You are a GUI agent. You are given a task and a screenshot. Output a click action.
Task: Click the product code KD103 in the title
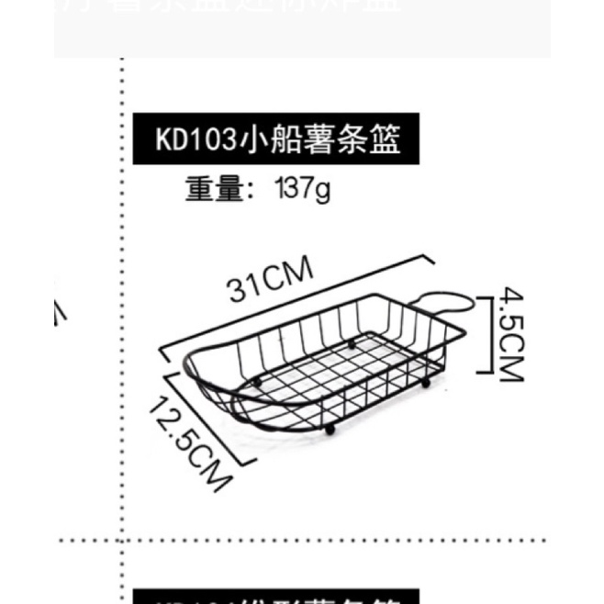click(194, 140)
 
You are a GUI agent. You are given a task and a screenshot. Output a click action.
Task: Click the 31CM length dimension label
click(272, 280)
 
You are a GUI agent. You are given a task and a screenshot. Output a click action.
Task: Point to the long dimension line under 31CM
click(294, 303)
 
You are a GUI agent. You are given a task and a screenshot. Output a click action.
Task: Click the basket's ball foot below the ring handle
click(425, 380)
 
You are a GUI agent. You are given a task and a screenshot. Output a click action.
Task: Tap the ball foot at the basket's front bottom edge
click(329, 429)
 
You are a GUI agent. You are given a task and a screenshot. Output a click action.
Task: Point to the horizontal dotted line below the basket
click(303, 542)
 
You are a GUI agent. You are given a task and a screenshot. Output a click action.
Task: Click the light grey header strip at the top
click(303, 28)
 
